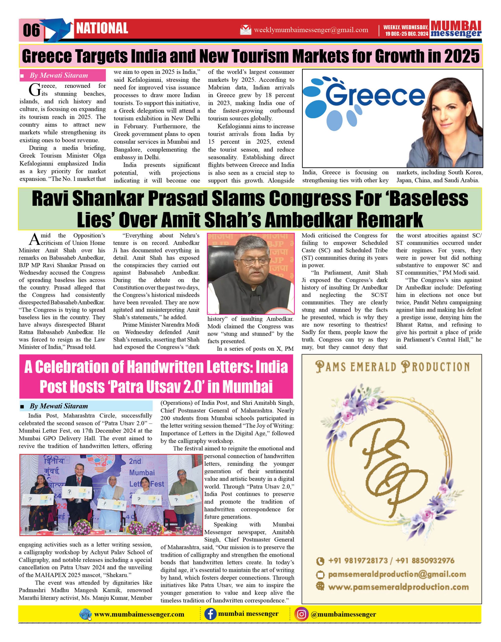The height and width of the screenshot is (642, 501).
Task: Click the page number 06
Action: pyautogui.click(x=31, y=30)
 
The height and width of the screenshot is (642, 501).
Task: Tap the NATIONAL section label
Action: pyautogui.click(x=102, y=29)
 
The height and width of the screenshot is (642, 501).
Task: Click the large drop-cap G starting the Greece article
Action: pyautogui.click(x=35, y=90)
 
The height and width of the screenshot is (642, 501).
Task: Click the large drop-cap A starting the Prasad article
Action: pyautogui.click(x=34, y=239)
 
